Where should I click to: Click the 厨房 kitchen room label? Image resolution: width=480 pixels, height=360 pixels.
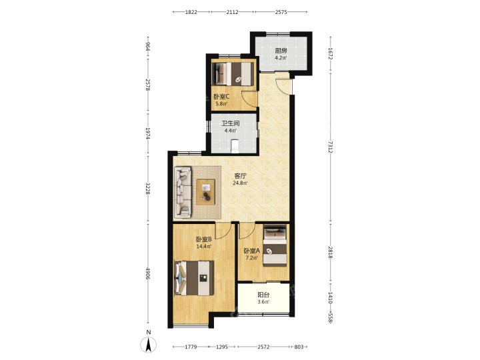[281, 51]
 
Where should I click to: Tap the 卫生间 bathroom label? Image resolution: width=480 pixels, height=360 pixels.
[231, 124]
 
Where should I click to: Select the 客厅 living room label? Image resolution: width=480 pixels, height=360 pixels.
[240, 176]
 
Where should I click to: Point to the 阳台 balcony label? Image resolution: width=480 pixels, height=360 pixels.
[263, 295]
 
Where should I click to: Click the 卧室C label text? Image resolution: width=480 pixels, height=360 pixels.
[221, 97]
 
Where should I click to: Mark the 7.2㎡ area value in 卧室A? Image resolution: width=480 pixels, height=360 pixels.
[251, 258]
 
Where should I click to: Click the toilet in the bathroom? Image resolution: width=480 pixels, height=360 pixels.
[235, 145]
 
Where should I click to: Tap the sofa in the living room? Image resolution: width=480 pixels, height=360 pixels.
[183, 192]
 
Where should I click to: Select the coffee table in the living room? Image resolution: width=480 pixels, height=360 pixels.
[205, 192]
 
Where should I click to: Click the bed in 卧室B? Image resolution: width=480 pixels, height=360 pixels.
[194, 278]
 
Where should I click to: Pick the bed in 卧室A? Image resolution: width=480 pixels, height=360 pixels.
[275, 245]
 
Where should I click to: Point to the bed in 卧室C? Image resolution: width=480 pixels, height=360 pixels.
[233, 74]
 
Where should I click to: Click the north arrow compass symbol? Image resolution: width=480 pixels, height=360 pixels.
[149, 345]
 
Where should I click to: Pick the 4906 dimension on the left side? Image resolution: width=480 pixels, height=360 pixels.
[148, 273]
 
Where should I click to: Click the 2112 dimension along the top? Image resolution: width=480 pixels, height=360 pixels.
[233, 12]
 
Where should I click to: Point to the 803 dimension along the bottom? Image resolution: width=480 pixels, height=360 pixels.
[299, 347]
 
